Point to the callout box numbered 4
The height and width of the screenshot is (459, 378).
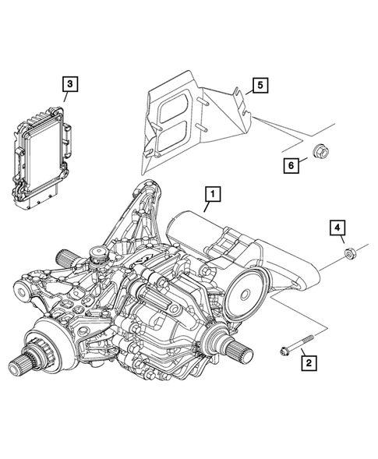(337, 228)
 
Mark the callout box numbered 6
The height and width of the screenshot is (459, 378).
(290, 164)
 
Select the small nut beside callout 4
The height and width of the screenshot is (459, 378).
(350, 252)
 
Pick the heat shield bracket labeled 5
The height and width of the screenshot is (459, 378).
(187, 125)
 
